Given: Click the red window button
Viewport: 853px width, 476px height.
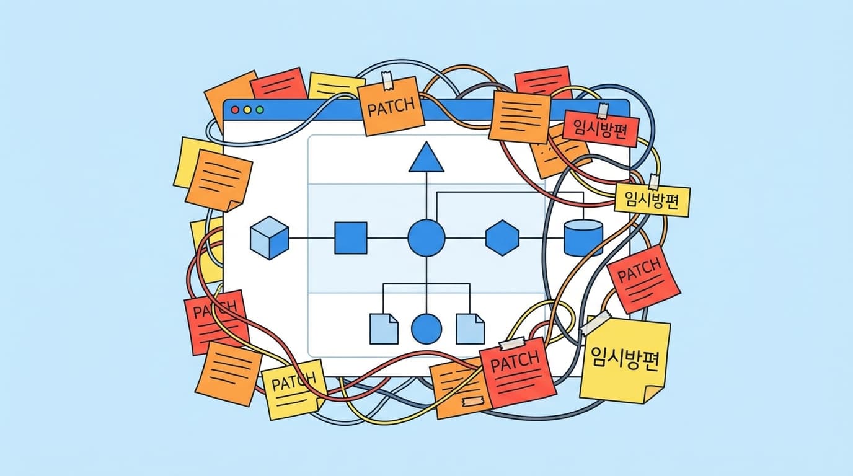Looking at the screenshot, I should pyautogui.click(x=235, y=110).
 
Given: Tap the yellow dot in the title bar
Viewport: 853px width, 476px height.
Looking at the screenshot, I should pyautogui.click(x=247, y=110).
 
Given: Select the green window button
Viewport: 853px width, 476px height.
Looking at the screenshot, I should pyautogui.click(x=260, y=110).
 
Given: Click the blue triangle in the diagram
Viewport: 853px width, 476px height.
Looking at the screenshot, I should pyautogui.click(x=427, y=157).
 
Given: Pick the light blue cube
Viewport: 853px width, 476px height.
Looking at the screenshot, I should pyautogui.click(x=269, y=237).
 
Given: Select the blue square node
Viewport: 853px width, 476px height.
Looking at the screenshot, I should pyautogui.click(x=351, y=238).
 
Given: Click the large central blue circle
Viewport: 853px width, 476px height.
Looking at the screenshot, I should pyautogui.click(x=427, y=238).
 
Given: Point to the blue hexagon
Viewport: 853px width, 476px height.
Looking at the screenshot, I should pyautogui.click(x=502, y=238).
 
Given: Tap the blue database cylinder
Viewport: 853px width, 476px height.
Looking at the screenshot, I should pyautogui.click(x=583, y=237).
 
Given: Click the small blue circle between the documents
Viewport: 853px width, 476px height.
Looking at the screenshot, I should pyautogui.click(x=427, y=328).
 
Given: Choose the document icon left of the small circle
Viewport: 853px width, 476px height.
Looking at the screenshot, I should pyautogui.click(x=384, y=328).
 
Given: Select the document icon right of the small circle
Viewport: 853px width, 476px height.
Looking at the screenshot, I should pyautogui.click(x=469, y=328).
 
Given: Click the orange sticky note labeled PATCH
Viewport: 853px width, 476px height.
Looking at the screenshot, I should pyautogui.click(x=392, y=109).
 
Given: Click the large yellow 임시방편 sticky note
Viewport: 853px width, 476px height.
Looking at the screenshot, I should pyautogui.click(x=625, y=359).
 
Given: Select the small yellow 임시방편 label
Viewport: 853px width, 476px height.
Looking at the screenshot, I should pyautogui.click(x=652, y=201).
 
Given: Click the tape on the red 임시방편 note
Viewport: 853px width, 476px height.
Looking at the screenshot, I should pyautogui.click(x=602, y=111).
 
